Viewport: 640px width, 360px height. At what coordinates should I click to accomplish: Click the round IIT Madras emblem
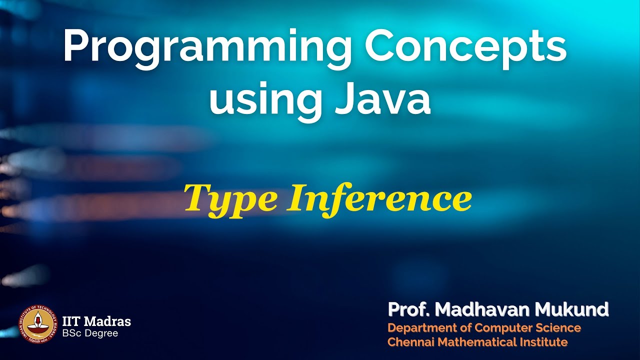[38, 324]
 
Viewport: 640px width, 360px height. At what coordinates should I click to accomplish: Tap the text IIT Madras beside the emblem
[96, 321]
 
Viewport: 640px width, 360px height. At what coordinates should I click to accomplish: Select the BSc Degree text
[90, 333]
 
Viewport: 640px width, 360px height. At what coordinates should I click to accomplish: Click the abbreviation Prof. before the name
[408, 310]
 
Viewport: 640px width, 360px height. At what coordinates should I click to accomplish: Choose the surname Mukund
[572, 310]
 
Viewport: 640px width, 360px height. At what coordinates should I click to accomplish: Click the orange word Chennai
[409, 342]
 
